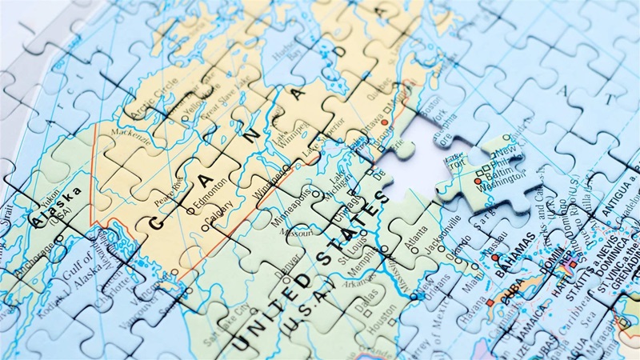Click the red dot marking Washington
pyautogui.click(x=478, y=182)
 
